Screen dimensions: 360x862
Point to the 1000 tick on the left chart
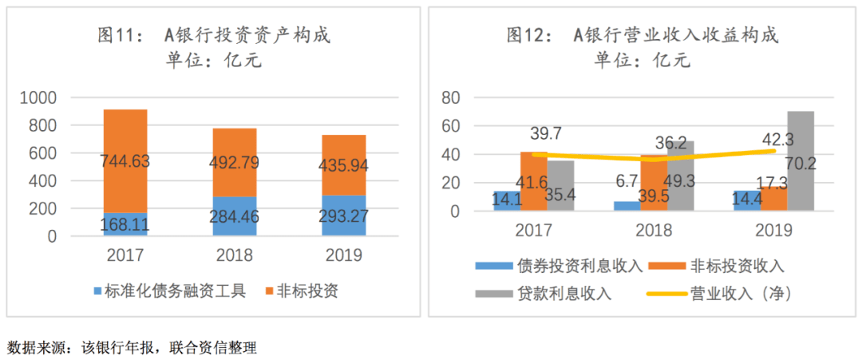tap(38, 98)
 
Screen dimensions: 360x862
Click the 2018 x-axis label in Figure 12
tap(654, 231)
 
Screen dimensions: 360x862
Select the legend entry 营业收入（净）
tap(722, 293)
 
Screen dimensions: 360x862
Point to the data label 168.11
tap(125, 226)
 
